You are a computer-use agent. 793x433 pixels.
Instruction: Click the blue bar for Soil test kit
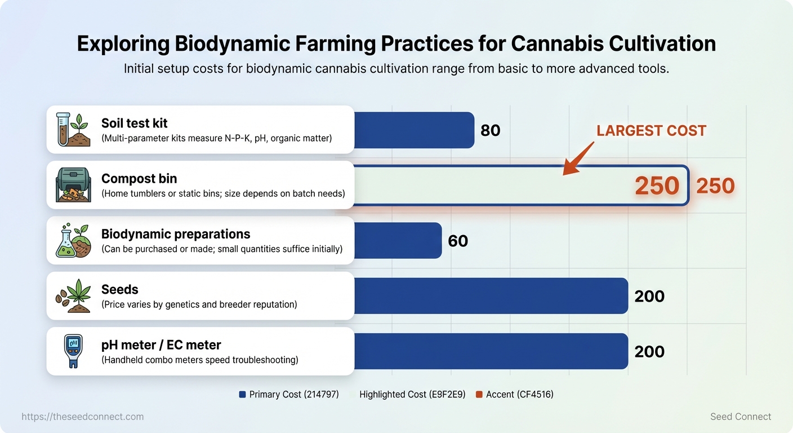414,130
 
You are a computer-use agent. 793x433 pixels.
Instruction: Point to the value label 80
490,130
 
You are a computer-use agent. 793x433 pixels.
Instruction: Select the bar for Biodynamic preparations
398,241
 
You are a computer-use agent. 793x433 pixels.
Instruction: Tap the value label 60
457,241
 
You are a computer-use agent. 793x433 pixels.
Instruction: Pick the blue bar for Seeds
491,296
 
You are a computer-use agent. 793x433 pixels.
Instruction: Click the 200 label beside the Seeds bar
649,296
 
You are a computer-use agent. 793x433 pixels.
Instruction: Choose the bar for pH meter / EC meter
491,351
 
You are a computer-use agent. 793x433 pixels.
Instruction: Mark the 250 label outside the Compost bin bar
715,185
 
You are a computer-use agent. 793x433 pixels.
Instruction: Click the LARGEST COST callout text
651,131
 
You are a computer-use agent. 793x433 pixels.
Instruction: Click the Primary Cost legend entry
289,395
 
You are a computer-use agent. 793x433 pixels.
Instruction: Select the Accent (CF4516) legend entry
514,395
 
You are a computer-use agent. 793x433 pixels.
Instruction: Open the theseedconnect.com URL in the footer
83,417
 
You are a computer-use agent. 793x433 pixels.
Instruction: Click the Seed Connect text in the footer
741,417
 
